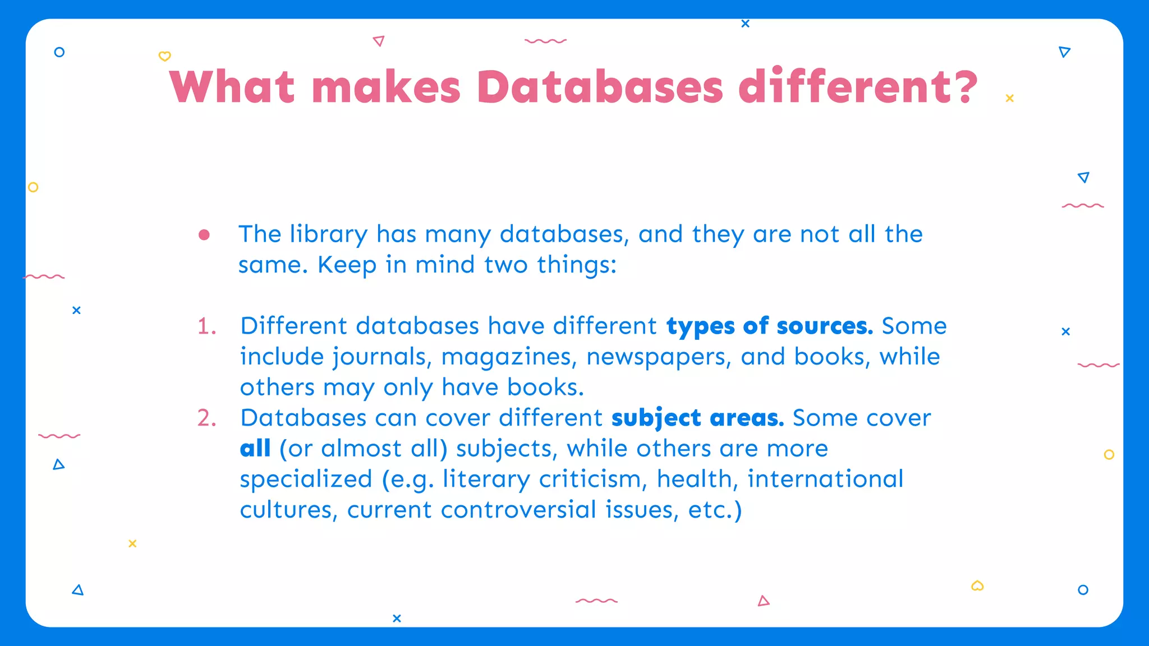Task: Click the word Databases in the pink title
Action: point(600,87)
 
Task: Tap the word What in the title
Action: point(232,87)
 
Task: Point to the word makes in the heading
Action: point(386,87)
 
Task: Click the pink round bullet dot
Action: point(204,235)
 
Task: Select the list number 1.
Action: point(206,326)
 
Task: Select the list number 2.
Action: point(206,418)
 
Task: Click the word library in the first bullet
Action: point(329,235)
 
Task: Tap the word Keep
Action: point(347,265)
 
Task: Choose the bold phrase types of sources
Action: point(769,326)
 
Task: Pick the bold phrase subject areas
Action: point(697,418)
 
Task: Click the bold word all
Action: point(255,449)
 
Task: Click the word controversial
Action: point(518,510)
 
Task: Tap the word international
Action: point(825,480)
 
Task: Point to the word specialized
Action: point(306,480)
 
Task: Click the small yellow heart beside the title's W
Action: point(164,56)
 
